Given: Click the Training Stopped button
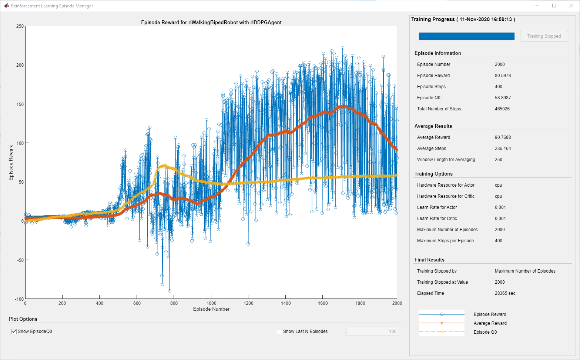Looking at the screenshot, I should coord(544,36).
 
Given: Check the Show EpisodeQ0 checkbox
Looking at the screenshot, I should coord(14,331).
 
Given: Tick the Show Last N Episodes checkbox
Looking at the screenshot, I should coord(279,331).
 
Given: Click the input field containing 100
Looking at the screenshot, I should coord(372,331).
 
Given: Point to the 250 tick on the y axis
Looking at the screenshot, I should coord(20,26).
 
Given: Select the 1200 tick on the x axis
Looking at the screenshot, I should coord(248,303).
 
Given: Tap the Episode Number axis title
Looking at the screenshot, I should coord(211,309).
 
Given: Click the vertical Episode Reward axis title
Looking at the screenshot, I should coord(11,162).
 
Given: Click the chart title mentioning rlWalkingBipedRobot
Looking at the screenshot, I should coord(211,23).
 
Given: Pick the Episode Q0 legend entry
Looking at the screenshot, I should coord(485,332).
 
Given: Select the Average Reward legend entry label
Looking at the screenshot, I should coord(490,323).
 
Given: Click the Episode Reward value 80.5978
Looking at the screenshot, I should coord(503,76).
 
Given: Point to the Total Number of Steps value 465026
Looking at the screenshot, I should coord(502,109).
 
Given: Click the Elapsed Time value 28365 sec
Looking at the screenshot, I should coord(505,293).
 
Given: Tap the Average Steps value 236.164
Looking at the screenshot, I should coord(503,149).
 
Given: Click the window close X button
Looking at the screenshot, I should coord(571,6).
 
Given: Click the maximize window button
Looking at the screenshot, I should coord(554,6).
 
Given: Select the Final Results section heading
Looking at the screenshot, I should coord(429,260).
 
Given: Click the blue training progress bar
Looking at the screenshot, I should coord(466,36).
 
